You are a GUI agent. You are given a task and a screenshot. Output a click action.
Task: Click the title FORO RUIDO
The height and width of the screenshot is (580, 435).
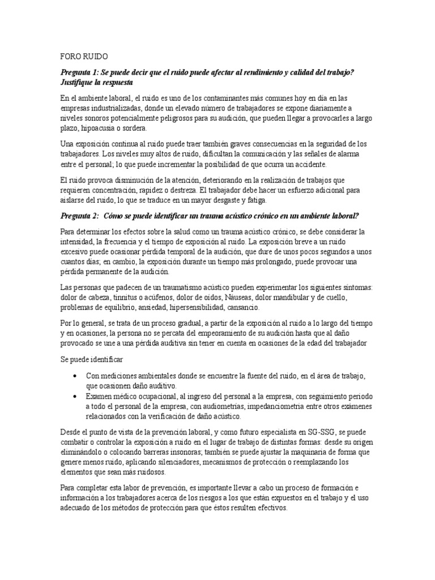point(82,57)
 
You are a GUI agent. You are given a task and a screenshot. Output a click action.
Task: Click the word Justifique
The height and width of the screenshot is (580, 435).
point(78,82)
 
